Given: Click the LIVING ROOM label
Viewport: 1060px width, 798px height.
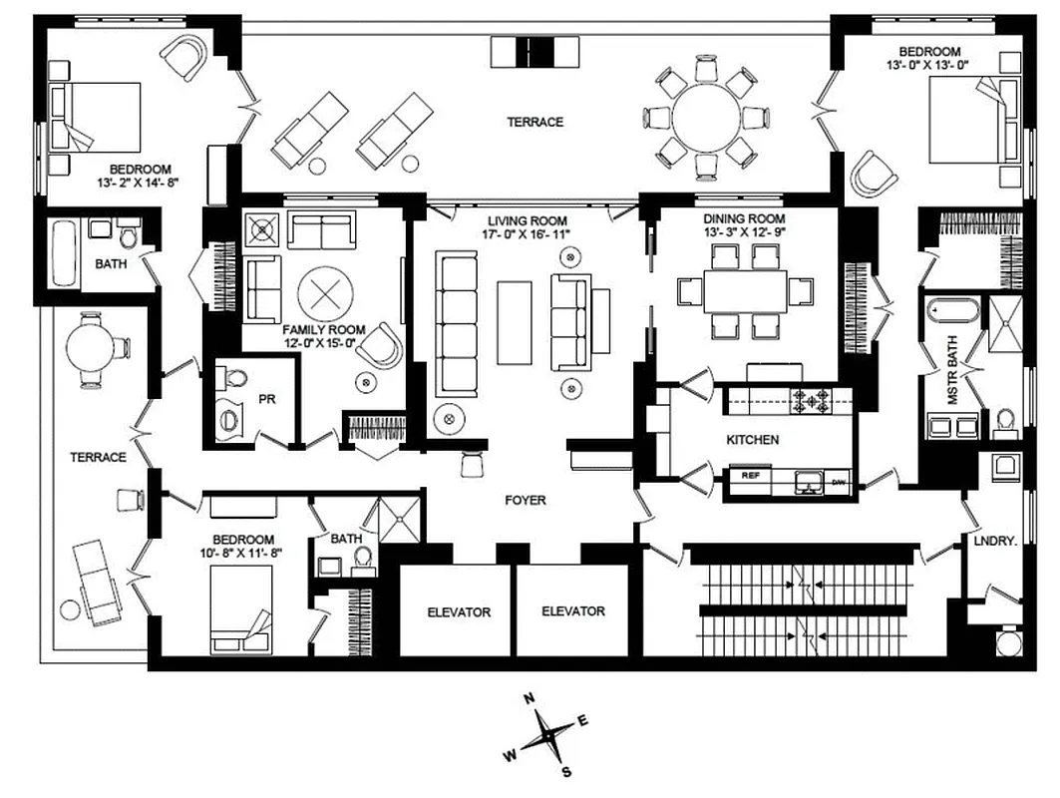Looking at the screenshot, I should [528, 220].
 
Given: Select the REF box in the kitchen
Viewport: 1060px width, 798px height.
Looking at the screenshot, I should [751, 476].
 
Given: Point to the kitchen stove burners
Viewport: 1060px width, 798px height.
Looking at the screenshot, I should [811, 402].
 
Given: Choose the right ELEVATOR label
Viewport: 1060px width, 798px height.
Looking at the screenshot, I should [572, 611].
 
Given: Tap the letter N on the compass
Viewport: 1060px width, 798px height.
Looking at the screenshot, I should [530, 698].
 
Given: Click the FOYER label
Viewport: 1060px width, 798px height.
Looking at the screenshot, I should [526, 500].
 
